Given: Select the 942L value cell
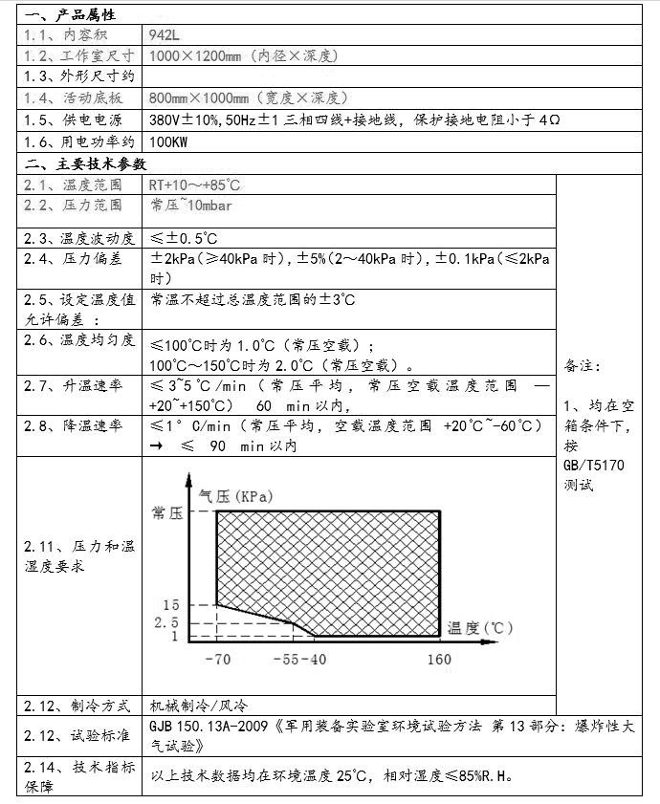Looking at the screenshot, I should [x=165, y=34].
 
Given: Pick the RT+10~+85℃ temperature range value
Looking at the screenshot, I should [x=194, y=184].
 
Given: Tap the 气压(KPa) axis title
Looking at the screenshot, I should [x=235, y=496].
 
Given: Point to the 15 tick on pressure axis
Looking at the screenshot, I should [x=171, y=605].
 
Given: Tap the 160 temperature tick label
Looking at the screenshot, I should [x=439, y=660].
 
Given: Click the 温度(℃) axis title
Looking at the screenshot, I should [x=480, y=628].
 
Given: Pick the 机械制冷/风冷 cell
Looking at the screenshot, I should [x=198, y=706].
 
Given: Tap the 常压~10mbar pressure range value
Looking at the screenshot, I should [x=190, y=206].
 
